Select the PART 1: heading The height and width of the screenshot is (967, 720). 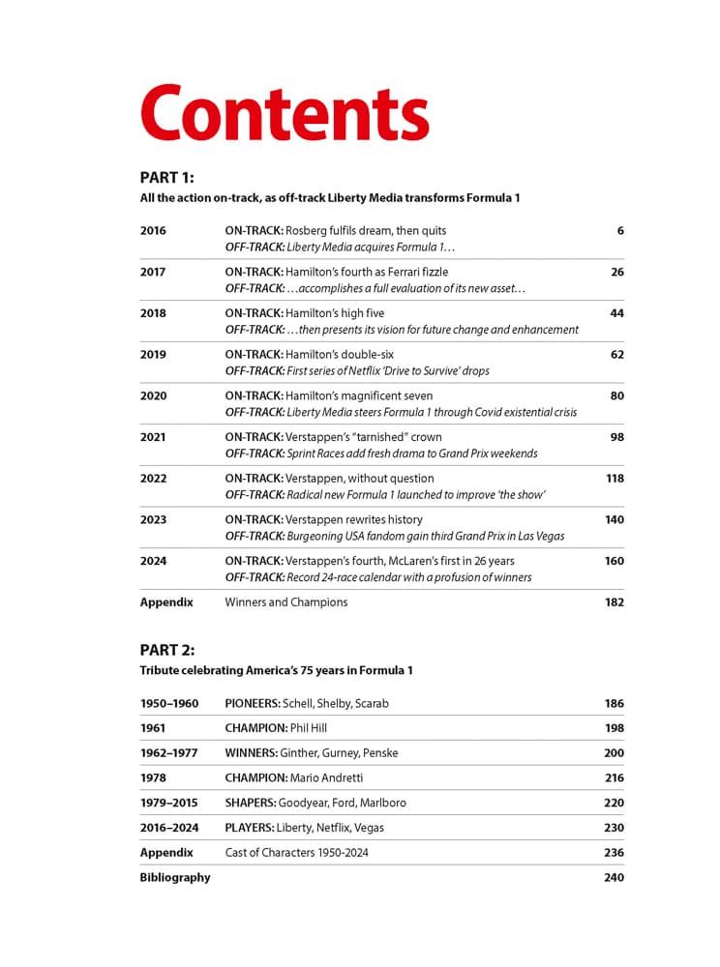[167, 178]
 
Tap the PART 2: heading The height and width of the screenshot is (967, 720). [167, 650]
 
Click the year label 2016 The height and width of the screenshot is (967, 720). [153, 231]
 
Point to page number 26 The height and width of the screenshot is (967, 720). [616, 273]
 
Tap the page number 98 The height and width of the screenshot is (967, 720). [616, 437]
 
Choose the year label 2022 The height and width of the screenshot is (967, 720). [153, 479]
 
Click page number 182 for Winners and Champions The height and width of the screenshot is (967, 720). [614, 602]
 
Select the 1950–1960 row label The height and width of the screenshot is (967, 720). [169, 704]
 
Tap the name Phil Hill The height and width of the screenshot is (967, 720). [313, 728]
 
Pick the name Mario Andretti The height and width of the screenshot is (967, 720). [340, 777]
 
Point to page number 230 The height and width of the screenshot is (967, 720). [614, 828]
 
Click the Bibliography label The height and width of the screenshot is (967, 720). [175, 878]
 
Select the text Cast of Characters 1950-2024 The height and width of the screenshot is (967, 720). [296, 853]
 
